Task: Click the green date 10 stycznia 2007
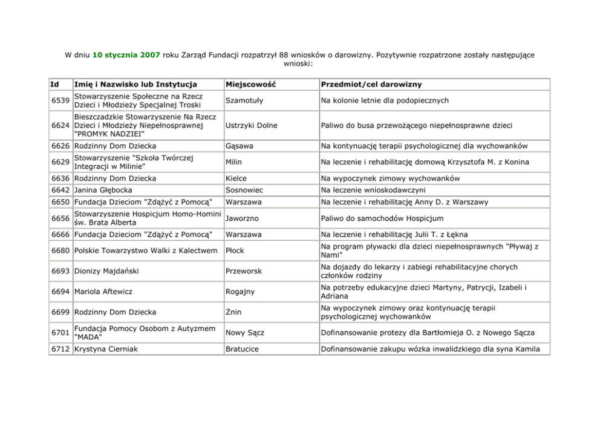(x=126, y=55)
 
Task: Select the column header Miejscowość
(x=250, y=85)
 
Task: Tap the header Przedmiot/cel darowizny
(x=371, y=85)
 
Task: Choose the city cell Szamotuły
(x=244, y=100)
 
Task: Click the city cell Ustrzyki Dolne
(x=251, y=125)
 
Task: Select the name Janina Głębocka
(x=103, y=190)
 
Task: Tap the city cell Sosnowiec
(x=244, y=190)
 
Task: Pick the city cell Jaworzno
(x=243, y=218)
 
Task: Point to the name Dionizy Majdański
(x=109, y=271)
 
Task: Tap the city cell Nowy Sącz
(x=244, y=333)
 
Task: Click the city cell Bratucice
(x=243, y=349)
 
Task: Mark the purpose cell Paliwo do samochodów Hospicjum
(x=382, y=218)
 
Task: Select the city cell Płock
(x=235, y=250)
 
